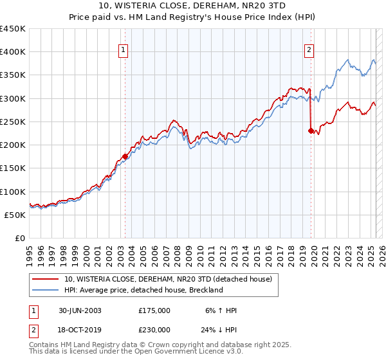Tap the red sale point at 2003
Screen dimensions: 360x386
125,156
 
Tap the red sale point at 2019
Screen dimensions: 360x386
311,130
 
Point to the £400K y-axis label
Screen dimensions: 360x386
12,52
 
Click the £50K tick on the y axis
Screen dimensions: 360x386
16,215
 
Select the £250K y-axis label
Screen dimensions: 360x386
12,122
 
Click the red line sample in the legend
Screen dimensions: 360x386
46,279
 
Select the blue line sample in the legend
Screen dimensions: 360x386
46,290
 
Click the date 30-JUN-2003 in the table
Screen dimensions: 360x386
80,310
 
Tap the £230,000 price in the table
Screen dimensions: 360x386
154,328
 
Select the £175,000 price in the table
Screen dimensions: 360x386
154,310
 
